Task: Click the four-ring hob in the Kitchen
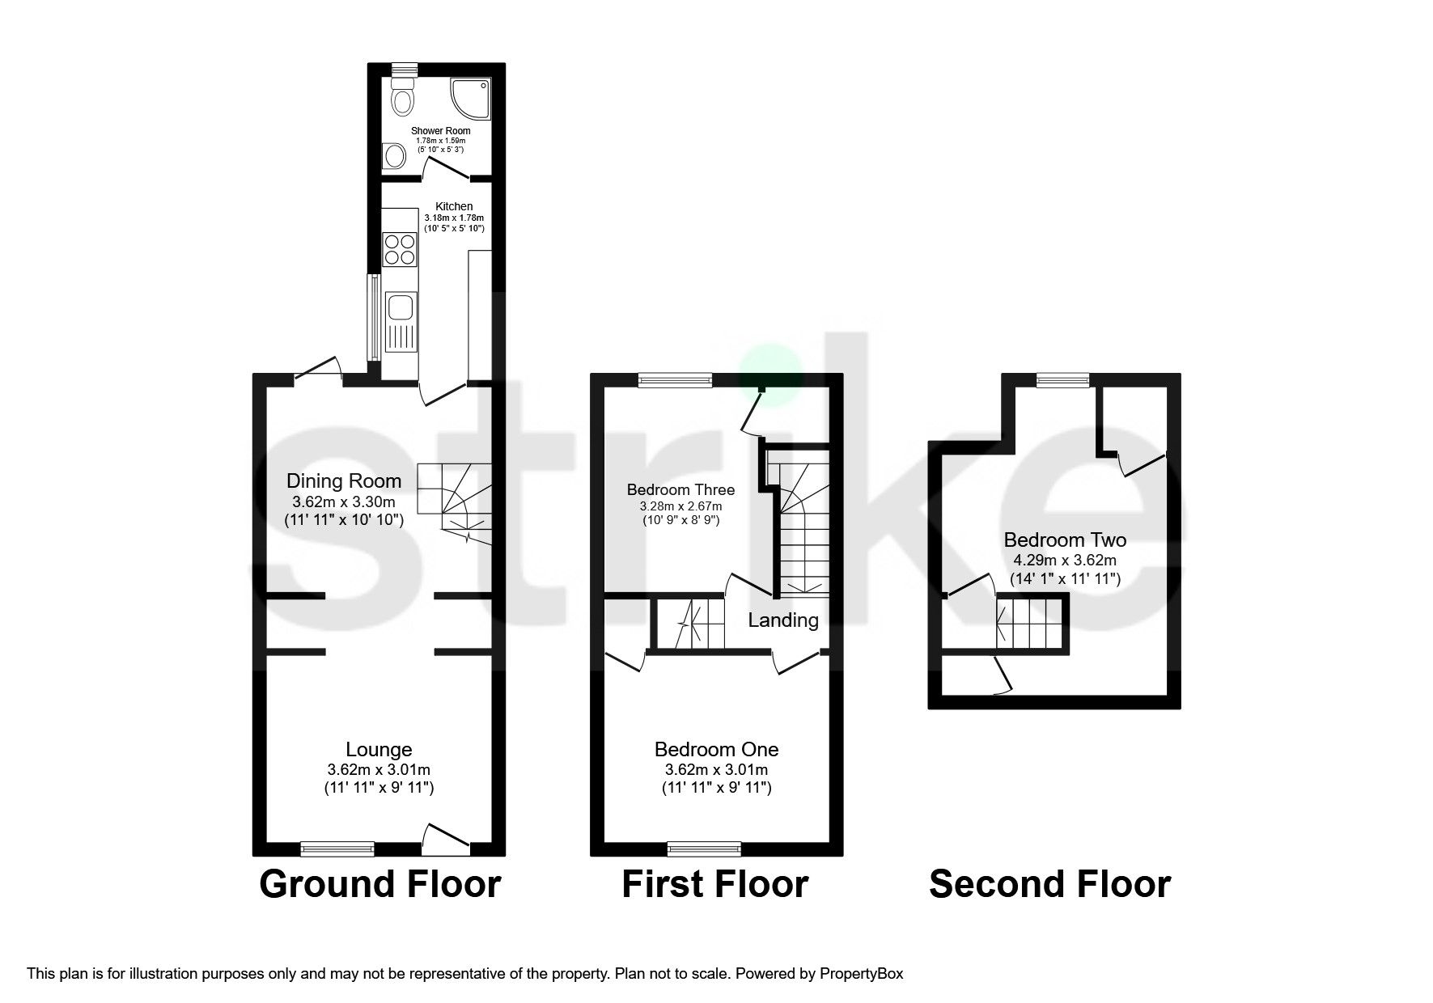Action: click(x=400, y=248)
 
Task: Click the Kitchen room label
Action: click(x=453, y=206)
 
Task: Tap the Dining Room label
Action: click(x=344, y=481)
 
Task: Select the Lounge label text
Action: click(x=379, y=750)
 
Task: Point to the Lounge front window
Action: click(x=337, y=848)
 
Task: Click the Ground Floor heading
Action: click(x=379, y=884)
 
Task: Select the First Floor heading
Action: click(x=714, y=884)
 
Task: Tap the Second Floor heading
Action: click(x=1049, y=884)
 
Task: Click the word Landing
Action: click(x=782, y=620)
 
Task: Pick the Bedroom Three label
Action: click(x=680, y=489)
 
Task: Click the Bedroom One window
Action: click(x=704, y=848)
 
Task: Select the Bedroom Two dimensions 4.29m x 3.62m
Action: click(x=1065, y=560)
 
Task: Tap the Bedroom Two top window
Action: click(x=1062, y=379)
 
